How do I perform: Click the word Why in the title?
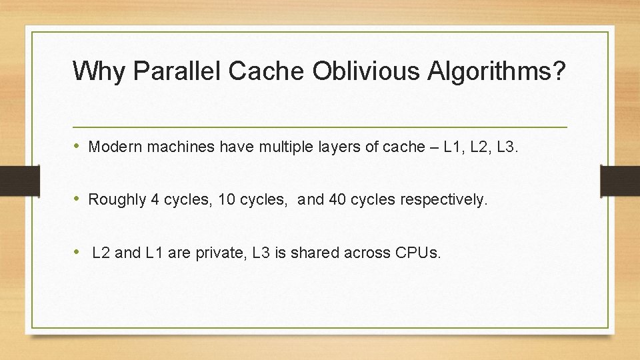click(x=98, y=71)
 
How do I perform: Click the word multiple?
click(x=270, y=147)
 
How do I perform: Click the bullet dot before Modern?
click(x=78, y=147)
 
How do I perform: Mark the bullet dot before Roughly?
click(x=78, y=199)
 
